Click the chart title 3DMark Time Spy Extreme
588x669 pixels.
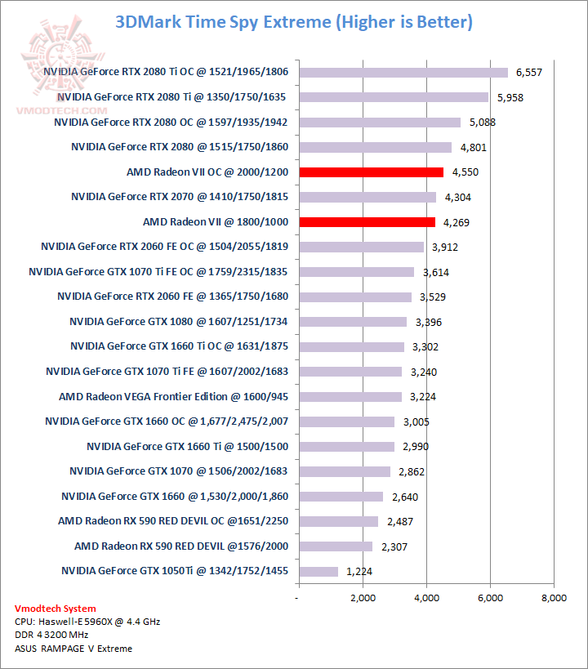coord(294,22)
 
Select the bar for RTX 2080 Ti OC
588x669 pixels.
coord(403,73)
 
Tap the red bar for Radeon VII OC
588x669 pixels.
coord(372,172)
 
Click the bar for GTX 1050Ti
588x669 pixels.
coord(318,571)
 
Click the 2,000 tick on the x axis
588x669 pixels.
coord(363,599)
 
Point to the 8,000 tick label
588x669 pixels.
coord(554,599)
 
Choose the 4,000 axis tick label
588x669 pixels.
coord(426,599)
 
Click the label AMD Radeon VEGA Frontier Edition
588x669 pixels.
coord(173,397)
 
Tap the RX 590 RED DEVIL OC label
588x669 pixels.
coord(172,521)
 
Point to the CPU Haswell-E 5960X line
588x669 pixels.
coord(87,622)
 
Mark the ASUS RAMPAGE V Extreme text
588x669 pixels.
coord(73,649)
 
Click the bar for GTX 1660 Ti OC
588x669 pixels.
coord(351,346)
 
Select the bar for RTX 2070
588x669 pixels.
coord(367,197)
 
